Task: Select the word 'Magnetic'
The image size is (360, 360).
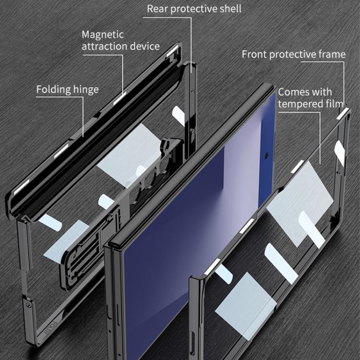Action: point(102,35)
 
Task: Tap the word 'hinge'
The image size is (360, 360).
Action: point(86,90)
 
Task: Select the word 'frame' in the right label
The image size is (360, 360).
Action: point(332,54)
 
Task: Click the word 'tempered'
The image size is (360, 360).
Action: point(300,103)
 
